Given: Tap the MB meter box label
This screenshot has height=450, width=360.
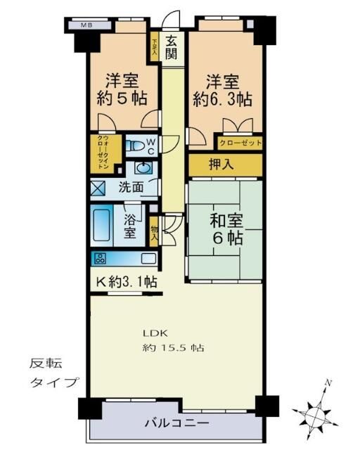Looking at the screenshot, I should coord(86,26).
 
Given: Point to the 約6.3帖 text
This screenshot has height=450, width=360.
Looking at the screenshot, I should coord(222,98).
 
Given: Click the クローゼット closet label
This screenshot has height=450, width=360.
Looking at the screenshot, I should coord(240,143).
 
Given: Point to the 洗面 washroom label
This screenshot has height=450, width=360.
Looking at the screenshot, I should coord(130,188).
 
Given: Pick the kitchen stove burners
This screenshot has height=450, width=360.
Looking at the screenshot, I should coord(99,257).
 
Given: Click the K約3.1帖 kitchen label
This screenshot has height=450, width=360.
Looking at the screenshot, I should coord(127,283).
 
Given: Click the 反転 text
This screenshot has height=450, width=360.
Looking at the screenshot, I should coord(45,364).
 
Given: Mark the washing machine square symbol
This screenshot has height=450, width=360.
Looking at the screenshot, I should coord(98,188).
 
